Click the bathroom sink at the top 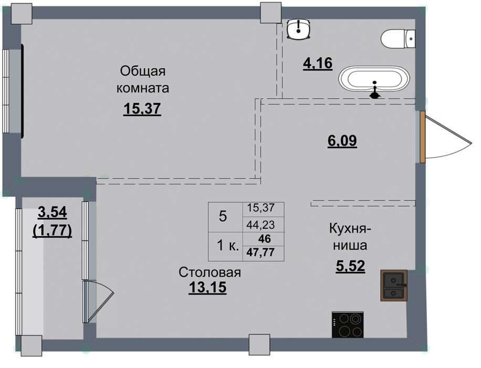[299, 29]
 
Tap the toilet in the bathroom [398, 39]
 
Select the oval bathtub [374, 79]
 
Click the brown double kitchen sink [394, 285]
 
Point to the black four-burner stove [348, 324]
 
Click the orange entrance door [422, 137]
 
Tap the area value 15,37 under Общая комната [142, 109]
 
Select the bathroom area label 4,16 [318, 63]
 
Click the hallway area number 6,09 [342, 141]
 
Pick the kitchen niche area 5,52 [350, 267]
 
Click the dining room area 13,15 [207, 288]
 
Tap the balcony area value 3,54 [52, 212]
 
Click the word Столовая [210, 272]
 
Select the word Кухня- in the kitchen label [350, 229]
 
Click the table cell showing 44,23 [260, 225]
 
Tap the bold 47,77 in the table [260, 252]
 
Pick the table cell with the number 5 [223, 217]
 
